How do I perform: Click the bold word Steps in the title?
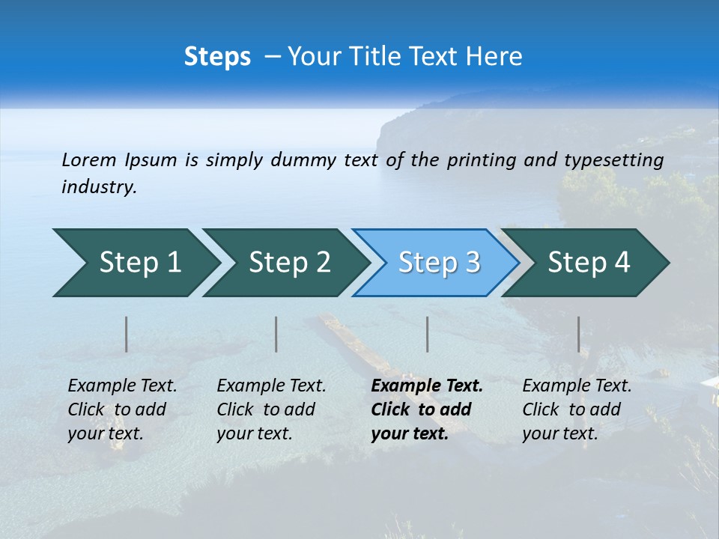(217, 57)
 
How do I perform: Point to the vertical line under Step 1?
(127, 334)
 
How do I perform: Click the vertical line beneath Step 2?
(276, 334)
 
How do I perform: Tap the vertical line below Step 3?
(428, 334)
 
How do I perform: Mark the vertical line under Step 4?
(579, 334)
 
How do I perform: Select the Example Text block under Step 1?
(122, 409)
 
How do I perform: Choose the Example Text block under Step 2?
(271, 409)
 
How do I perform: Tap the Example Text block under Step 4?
(577, 409)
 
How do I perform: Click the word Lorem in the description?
(89, 159)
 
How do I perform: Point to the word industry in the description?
(99, 187)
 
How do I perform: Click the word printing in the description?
(479, 159)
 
